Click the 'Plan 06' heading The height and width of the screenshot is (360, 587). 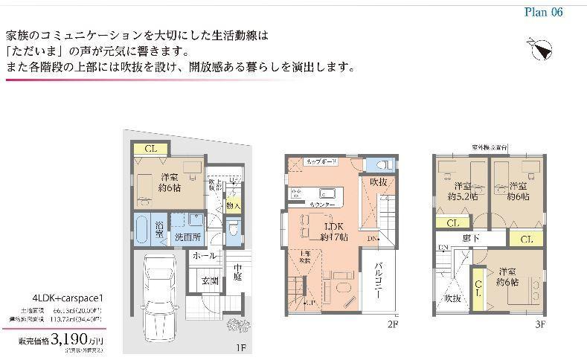pos(543,12)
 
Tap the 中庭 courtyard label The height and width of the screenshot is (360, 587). pos(238,274)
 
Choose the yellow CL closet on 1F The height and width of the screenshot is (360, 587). pos(151,148)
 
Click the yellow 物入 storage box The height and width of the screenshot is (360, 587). pos(234,205)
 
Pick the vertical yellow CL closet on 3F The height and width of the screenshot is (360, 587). pos(479,283)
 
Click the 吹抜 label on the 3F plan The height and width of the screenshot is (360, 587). pos(453,299)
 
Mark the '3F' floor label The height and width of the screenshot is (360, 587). pos(540,324)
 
